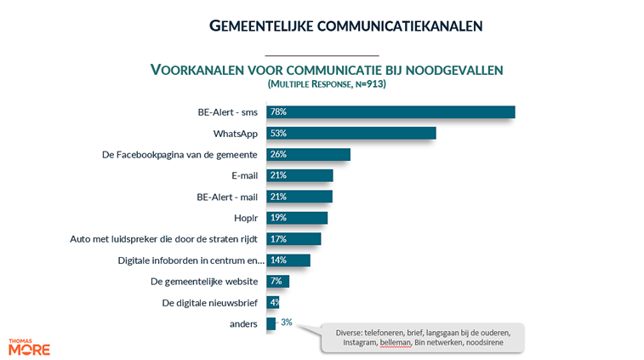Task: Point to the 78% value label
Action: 277,112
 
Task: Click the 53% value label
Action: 277,134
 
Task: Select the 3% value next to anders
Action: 286,323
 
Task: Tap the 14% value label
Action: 277,260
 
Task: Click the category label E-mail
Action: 245,175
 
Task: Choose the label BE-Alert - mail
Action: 227,197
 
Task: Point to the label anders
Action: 243,323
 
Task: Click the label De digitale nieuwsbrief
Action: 209,302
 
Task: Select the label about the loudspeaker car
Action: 163,239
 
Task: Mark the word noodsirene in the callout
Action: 484,342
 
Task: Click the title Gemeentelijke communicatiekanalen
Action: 345,26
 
